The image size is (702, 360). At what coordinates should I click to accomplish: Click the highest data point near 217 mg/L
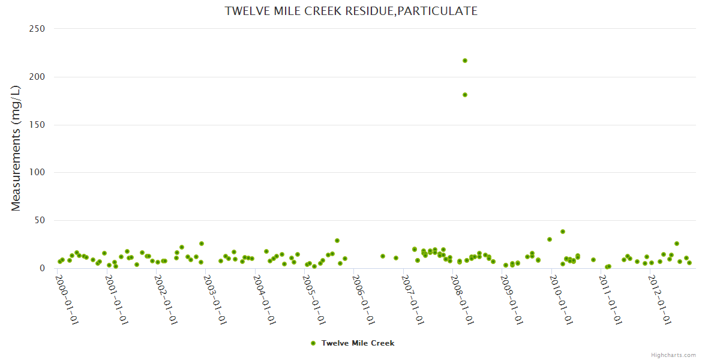pyautogui.click(x=465, y=61)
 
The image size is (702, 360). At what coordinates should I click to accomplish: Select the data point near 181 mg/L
pyautogui.click(x=465, y=95)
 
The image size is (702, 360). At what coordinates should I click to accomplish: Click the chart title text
pyautogui.click(x=351, y=11)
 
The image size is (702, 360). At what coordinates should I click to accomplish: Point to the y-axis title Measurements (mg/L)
pyautogui.click(x=16, y=148)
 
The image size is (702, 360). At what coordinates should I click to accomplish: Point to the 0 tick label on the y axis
pyautogui.click(x=43, y=268)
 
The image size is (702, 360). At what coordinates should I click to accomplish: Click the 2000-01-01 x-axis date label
pyautogui.click(x=67, y=300)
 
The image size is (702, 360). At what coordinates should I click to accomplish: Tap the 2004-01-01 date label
pyautogui.click(x=264, y=300)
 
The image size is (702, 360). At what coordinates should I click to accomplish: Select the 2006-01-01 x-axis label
pyautogui.click(x=363, y=300)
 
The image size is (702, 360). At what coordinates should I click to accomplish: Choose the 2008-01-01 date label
pyautogui.click(x=462, y=300)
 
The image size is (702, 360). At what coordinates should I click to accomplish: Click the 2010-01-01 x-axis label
pyautogui.click(x=560, y=300)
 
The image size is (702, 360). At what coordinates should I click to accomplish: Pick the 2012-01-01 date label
pyautogui.click(x=659, y=300)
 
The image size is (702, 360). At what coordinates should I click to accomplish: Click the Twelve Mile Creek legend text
pyautogui.click(x=358, y=343)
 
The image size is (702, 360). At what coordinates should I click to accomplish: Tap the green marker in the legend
pyautogui.click(x=313, y=343)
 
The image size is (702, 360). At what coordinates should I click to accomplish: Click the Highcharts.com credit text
pyautogui.click(x=673, y=355)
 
